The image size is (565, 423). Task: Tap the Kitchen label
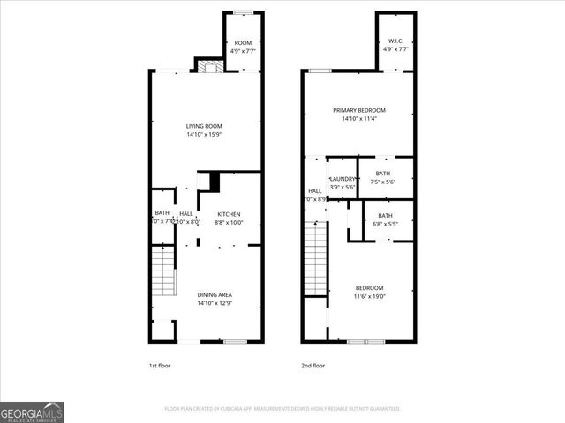229,214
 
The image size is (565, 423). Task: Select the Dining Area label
215,294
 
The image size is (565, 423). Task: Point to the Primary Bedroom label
359,110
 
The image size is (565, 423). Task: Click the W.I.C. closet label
395,41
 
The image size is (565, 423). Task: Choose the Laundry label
342,178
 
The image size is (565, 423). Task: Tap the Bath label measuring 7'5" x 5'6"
382,174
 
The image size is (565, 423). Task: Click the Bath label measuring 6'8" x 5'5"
385,216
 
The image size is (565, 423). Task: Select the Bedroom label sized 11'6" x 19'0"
369,288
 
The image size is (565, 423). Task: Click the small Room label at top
242,42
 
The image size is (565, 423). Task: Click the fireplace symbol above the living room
207,65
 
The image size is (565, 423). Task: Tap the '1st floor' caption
160,365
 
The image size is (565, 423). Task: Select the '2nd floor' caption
313,365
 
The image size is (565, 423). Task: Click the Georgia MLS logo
32,412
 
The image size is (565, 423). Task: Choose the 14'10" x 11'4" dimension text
359,119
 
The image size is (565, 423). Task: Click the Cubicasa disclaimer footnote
282,409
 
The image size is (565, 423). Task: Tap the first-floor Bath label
162,213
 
